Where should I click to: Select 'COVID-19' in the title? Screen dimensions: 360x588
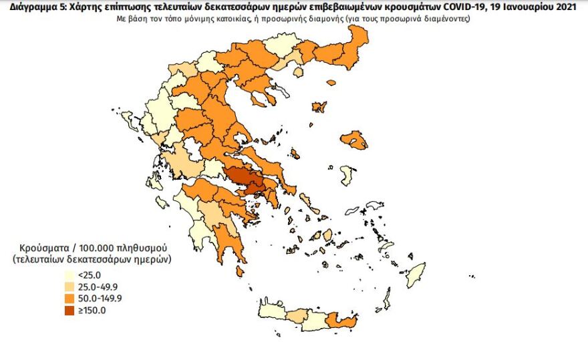[x=461, y=6]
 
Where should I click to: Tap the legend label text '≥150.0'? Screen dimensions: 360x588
[x=93, y=310]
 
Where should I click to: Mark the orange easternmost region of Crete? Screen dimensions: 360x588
[x=345, y=322]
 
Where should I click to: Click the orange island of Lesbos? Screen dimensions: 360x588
[x=355, y=140]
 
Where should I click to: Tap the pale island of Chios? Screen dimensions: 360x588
[x=346, y=176]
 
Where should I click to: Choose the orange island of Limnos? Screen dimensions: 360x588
[x=319, y=107]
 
